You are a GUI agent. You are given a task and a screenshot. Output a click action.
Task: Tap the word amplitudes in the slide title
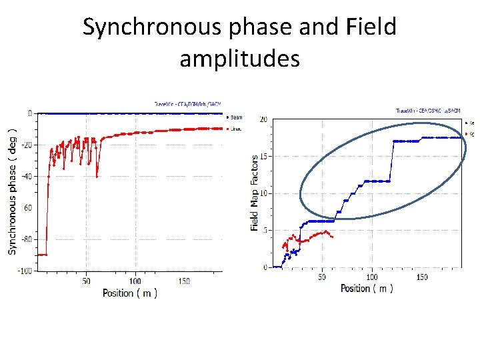click(x=239, y=59)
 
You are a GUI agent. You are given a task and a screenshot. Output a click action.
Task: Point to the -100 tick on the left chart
click(x=25, y=271)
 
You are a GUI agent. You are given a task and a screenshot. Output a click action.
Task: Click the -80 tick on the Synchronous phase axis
click(x=27, y=239)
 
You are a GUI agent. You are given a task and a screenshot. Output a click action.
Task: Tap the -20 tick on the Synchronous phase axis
click(x=27, y=145)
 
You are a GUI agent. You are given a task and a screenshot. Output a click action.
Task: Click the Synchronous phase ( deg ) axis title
click(x=12, y=182)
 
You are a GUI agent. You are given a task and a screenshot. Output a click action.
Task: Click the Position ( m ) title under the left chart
click(x=130, y=293)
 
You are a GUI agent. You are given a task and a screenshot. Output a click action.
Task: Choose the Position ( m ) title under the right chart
click(x=367, y=288)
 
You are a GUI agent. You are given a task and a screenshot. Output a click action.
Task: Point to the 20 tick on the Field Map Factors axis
click(x=263, y=119)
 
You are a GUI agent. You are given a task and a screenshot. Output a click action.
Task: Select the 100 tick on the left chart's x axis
click(x=135, y=281)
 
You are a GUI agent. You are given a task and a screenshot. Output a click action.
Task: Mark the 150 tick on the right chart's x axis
click(x=421, y=277)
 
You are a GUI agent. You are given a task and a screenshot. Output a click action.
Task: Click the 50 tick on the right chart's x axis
click(x=322, y=277)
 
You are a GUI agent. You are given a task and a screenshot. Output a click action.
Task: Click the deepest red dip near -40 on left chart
click(x=97, y=176)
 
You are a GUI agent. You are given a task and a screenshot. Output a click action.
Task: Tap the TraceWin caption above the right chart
click(x=428, y=111)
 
